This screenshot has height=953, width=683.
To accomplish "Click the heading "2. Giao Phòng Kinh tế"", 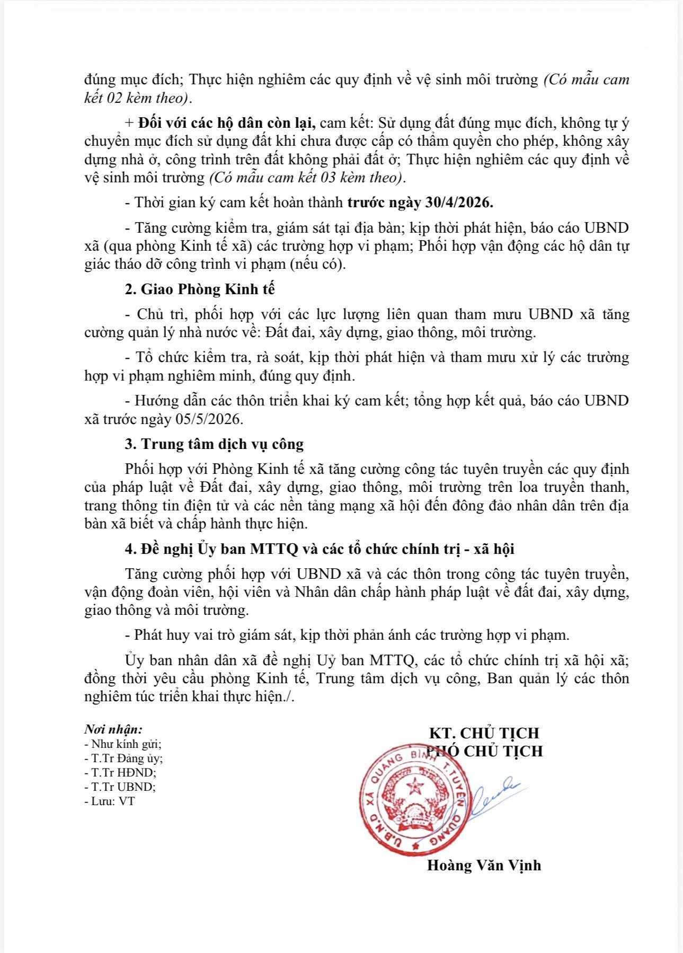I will click(x=200, y=289).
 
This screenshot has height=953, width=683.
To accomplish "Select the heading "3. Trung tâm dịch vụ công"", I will click(x=214, y=444).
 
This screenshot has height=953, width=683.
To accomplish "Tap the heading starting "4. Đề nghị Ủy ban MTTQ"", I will click(x=320, y=549).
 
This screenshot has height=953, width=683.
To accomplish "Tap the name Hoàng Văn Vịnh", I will click(x=484, y=866).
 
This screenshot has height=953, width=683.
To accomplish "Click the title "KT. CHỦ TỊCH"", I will click(x=484, y=733).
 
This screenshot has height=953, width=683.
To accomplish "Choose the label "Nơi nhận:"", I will click(x=113, y=729).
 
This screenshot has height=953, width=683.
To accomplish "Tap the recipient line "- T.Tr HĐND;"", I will click(x=120, y=772).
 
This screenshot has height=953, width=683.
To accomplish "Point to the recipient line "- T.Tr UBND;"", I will click(x=120, y=787).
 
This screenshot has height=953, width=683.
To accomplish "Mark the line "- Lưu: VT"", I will click(x=110, y=801).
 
